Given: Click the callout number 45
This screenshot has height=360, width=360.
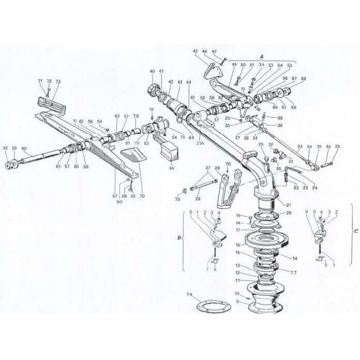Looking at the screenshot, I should (195, 51).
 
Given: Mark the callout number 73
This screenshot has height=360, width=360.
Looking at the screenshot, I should (58, 82).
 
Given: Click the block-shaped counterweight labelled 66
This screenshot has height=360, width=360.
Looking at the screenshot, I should (169, 151).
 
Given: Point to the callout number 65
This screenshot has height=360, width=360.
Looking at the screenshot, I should (24, 148).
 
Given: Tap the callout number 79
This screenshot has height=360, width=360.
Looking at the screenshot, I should (177, 200).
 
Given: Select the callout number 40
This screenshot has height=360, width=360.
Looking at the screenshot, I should (152, 71).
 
